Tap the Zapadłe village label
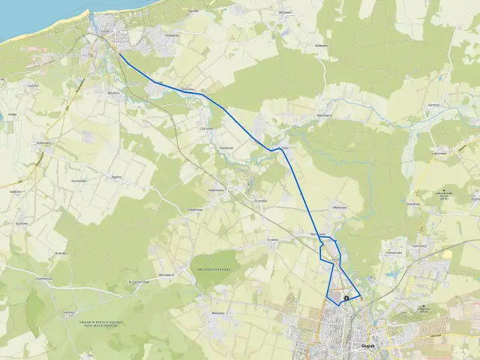click(194, 11)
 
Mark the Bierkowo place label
click(219, 312)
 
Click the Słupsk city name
click(367, 346)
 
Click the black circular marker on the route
click(346, 299)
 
